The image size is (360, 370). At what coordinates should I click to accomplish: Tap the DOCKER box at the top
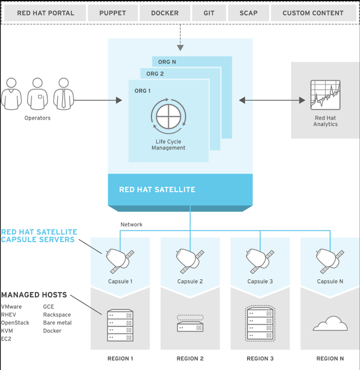tap(165, 13)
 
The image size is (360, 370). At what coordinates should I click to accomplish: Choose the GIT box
tap(209, 13)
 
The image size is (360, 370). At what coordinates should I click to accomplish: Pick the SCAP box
tap(248, 13)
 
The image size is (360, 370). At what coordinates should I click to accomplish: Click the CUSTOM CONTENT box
tap(313, 13)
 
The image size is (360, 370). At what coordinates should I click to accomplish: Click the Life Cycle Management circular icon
tap(168, 117)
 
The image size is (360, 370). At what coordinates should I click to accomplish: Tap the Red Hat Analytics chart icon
tap(325, 95)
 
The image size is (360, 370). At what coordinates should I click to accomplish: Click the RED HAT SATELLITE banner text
tap(157, 190)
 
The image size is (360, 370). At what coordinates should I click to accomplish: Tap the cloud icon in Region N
tap(330, 324)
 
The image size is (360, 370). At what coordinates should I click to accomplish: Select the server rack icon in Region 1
tap(120, 325)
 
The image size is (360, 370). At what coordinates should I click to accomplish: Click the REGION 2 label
tap(190, 358)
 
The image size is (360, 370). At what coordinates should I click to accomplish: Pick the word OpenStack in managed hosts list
tap(15, 323)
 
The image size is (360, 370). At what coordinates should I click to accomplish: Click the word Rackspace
tap(57, 314)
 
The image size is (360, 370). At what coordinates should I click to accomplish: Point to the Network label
tap(131, 224)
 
